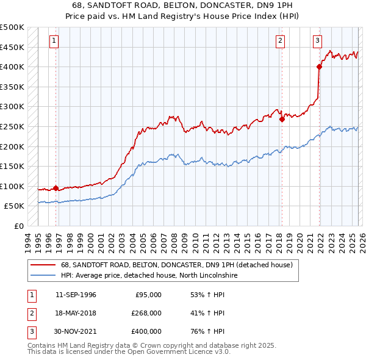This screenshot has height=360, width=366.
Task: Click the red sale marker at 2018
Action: (x=282, y=120)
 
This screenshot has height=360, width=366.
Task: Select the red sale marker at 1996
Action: (x=56, y=188)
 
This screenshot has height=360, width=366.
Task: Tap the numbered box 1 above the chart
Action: (x=54, y=41)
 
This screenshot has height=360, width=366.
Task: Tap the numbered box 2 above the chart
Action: (x=280, y=41)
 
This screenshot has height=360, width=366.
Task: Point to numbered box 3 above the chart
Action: (x=318, y=41)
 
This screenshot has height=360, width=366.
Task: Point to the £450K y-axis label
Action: (x=12, y=47)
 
